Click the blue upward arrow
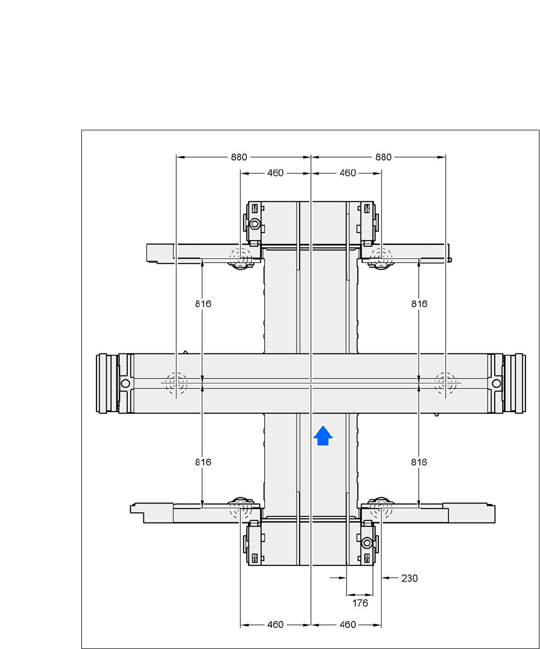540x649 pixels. tap(323, 435)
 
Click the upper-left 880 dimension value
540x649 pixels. tap(239, 157)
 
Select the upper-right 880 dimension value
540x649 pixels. tap(383, 157)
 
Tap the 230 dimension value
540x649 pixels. tap(410, 578)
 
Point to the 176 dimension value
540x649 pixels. tap(360, 603)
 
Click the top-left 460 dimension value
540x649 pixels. tap(275, 173)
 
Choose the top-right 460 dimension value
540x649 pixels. tap(348, 173)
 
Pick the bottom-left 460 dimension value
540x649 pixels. tap(275, 625)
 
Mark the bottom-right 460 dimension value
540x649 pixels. tap(348, 625)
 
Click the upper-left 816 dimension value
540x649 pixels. tap(203, 304)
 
